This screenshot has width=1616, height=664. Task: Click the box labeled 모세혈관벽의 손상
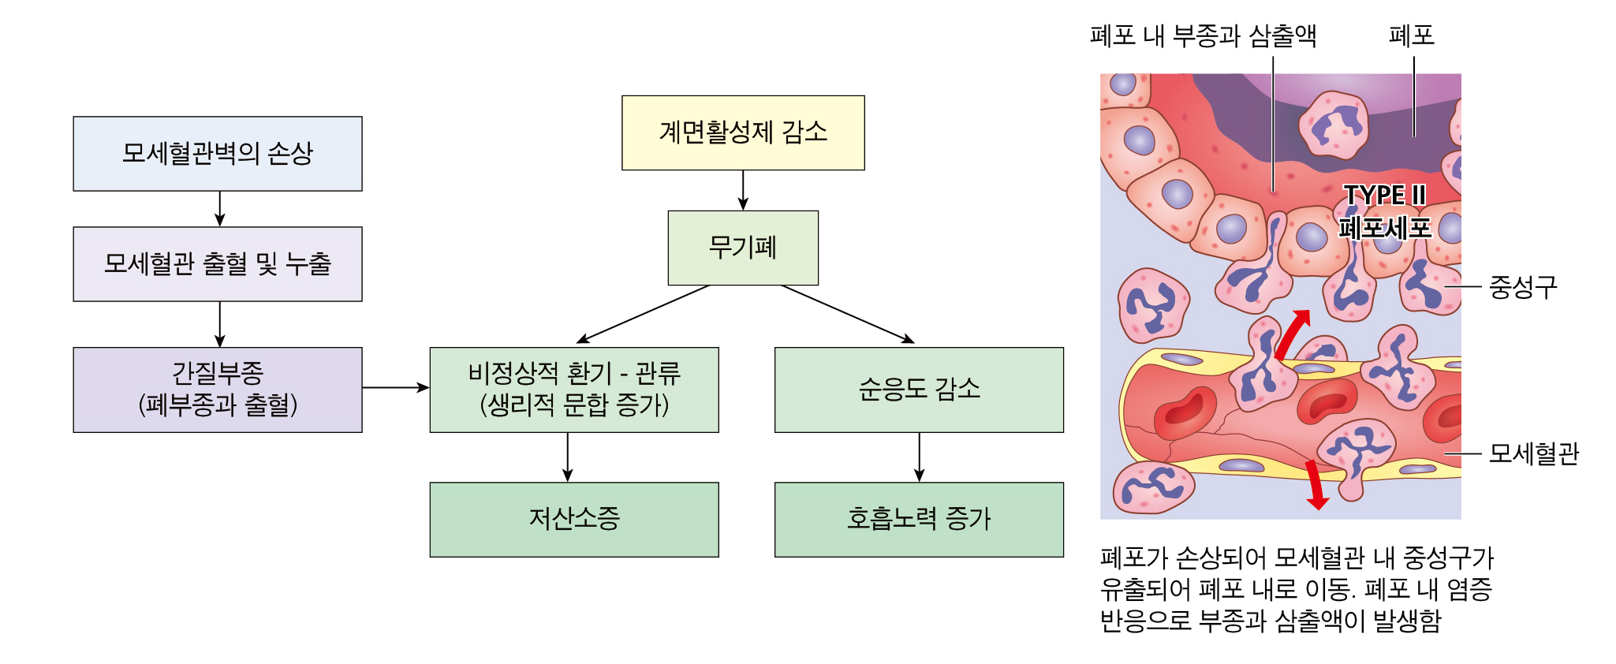(218, 154)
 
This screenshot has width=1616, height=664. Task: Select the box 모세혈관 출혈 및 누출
(218, 264)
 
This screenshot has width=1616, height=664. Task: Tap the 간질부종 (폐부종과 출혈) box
(218, 390)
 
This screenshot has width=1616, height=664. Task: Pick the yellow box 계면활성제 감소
(743, 132)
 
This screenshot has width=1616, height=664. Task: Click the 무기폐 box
(743, 248)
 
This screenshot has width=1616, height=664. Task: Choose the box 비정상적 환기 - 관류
(574, 390)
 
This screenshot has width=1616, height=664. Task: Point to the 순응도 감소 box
(919, 390)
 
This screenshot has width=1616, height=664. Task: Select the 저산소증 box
(574, 520)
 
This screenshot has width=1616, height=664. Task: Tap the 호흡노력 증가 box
(919, 520)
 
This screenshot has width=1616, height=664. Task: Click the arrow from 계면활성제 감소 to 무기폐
(743, 190)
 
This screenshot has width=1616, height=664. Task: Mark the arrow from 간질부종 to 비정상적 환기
(396, 387)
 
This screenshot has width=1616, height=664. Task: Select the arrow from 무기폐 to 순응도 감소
(848, 314)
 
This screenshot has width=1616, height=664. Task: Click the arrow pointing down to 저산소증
(568, 457)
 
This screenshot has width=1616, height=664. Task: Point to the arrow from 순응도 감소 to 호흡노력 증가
(919, 457)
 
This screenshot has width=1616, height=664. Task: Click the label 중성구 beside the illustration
(1522, 287)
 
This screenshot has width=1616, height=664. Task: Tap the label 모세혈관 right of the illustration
(1533, 453)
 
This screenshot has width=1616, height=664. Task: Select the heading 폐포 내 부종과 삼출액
(1203, 35)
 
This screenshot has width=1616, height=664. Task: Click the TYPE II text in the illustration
(1384, 195)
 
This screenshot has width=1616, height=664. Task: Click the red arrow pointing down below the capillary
(1315, 485)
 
